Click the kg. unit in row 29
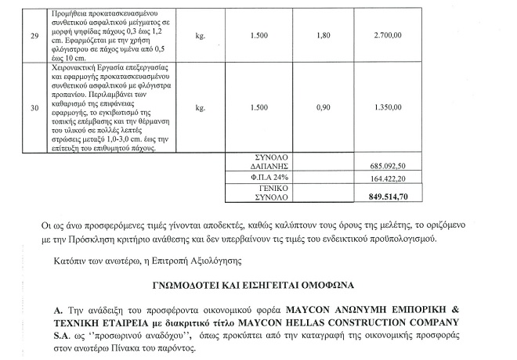201,35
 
